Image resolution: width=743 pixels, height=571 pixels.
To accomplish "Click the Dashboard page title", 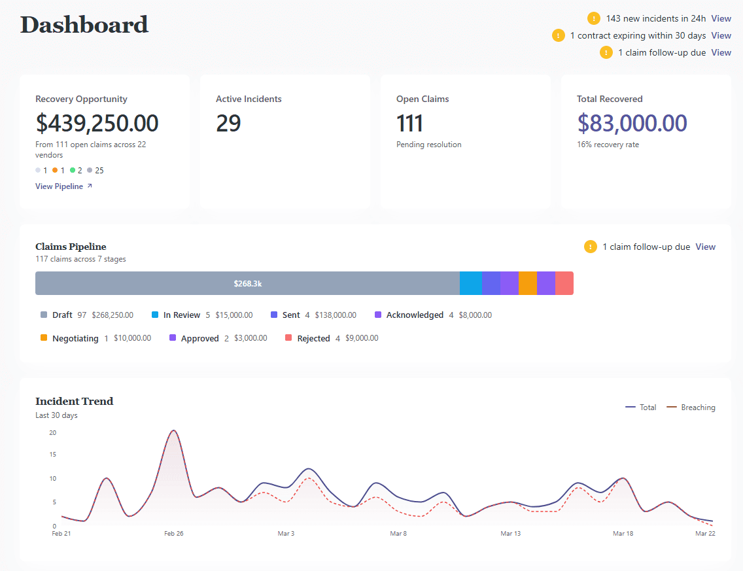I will coord(84,25).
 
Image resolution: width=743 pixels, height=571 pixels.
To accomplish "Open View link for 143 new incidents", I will coord(721,18).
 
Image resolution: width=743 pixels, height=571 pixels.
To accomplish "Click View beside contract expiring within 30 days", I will coord(721,35).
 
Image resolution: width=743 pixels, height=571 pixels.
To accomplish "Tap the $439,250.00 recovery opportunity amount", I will coord(97,123).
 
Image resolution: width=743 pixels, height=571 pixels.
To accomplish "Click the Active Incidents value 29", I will coord(228,123).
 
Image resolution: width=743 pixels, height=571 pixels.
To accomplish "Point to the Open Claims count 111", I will coord(409,123).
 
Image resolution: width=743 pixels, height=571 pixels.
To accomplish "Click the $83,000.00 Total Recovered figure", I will coord(632,123).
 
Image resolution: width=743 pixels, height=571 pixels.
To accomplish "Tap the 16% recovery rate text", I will coord(608,145).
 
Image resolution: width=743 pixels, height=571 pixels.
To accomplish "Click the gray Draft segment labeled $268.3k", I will coord(247,284).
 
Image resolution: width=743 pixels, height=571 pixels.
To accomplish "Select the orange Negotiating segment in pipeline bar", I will coord(527,284).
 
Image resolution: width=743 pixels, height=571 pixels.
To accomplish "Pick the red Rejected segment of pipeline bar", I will coord(564,284).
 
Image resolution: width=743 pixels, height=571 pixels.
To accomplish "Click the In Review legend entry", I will coord(181,315).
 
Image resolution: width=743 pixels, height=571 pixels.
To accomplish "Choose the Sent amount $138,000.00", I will coord(336,315).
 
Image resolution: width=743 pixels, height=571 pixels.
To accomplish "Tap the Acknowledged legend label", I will coord(414,315).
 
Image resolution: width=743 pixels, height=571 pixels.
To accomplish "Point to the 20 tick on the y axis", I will coord(52,432).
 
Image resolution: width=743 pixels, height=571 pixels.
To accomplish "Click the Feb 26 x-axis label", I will coord(173,534).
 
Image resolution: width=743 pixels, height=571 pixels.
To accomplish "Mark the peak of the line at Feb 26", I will coord(173,430).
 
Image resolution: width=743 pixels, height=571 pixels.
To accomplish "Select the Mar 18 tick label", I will coord(623,534).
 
